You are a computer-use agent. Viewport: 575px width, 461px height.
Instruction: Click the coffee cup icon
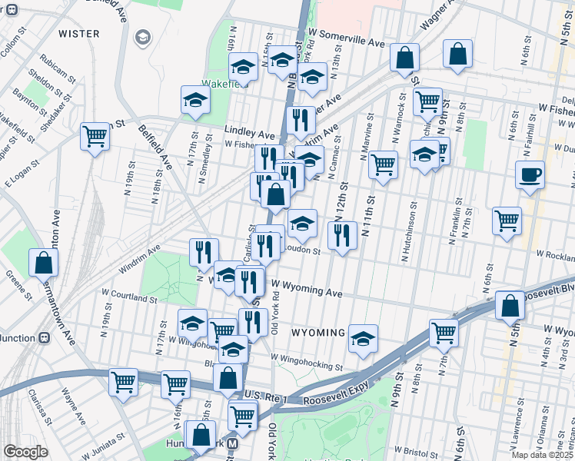(530, 174)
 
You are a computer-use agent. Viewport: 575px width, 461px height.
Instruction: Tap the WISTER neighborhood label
(79, 34)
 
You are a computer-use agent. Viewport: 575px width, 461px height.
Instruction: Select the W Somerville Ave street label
(346, 43)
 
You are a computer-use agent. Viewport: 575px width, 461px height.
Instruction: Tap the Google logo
(25, 452)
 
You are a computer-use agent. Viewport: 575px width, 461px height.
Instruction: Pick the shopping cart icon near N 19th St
(95, 136)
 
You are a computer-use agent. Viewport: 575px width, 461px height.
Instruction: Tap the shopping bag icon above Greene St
(44, 263)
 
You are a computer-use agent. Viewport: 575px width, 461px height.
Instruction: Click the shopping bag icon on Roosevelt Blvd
(510, 306)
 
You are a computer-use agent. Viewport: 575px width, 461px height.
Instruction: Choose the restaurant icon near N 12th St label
(342, 234)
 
